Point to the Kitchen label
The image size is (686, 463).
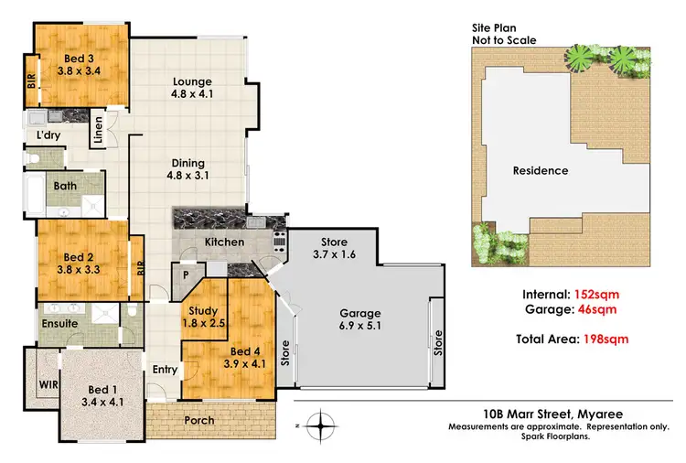pos(223,242)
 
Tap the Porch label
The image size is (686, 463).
pos(198,421)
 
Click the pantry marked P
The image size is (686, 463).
pos(187,274)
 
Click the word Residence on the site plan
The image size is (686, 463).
pos(540,170)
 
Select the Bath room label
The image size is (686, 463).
pos(65,186)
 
